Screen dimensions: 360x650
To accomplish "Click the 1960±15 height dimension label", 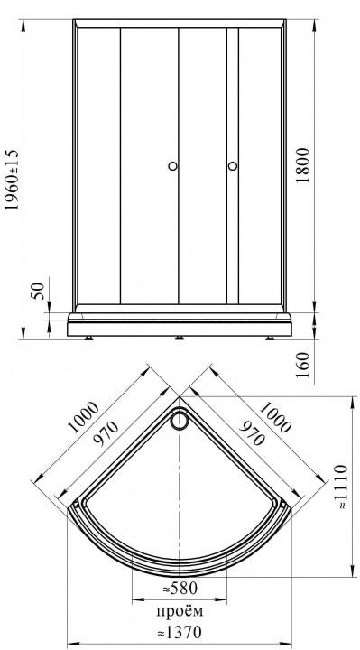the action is click(x=13, y=180).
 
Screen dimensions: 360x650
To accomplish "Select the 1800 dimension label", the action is click(x=303, y=165).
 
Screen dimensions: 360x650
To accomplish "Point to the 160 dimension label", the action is click(x=304, y=365).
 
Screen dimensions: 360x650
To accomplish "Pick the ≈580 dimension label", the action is click(x=180, y=588).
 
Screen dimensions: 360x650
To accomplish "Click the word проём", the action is click(x=180, y=610).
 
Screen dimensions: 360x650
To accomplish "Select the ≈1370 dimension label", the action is click(x=180, y=632).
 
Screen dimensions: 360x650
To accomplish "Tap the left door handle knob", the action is click(x=172, y=166).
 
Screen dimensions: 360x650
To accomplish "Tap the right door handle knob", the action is click(x=233, y=166).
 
